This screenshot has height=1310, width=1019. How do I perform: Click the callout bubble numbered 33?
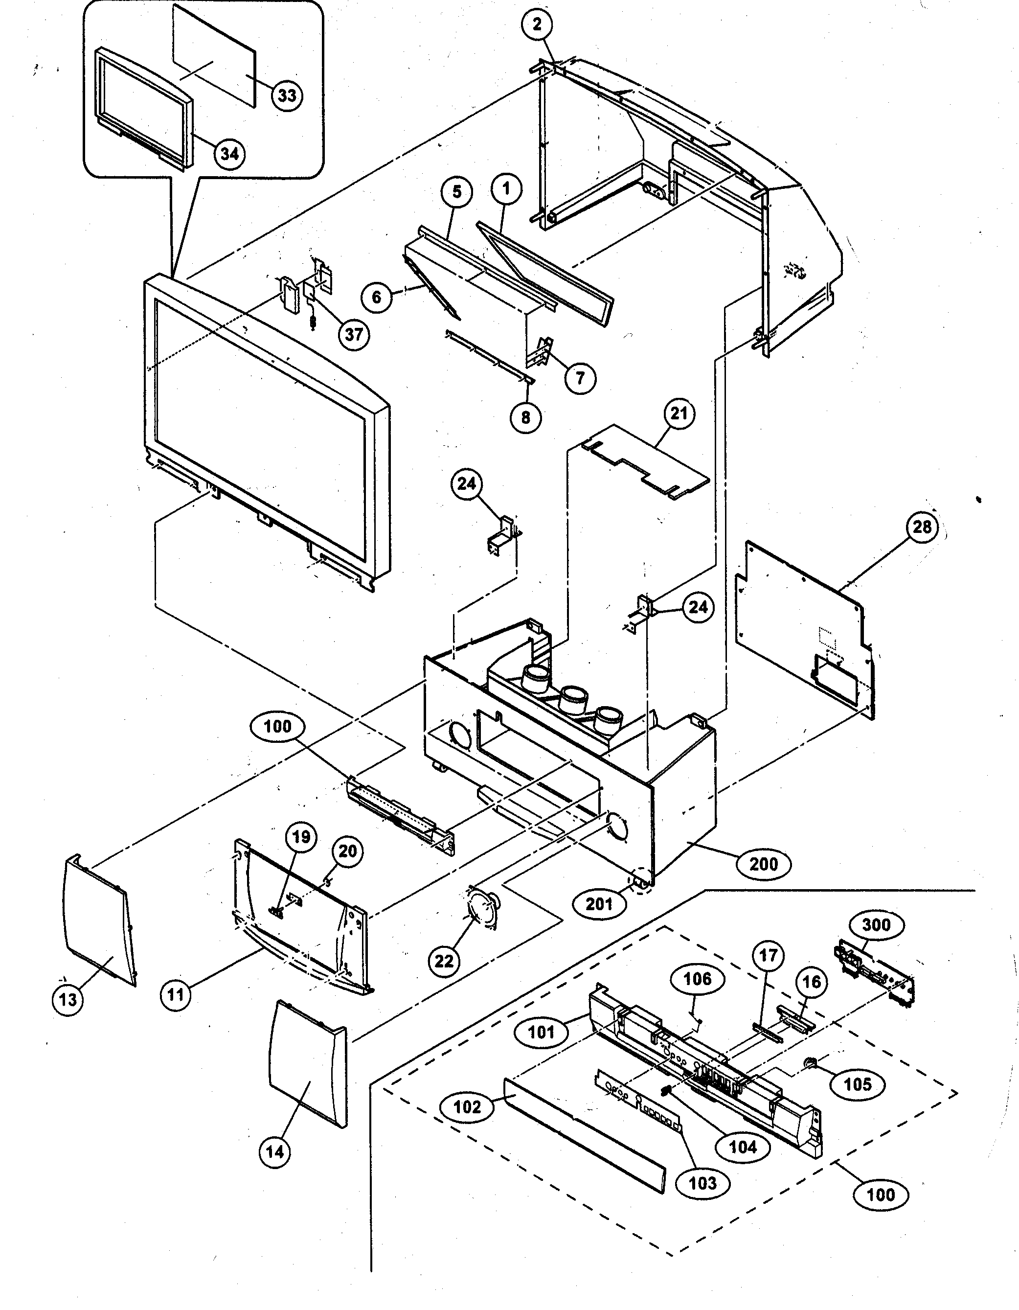point(287,95)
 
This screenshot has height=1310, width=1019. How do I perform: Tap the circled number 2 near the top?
point(537,24)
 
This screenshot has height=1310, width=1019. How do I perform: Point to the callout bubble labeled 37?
point(354,334)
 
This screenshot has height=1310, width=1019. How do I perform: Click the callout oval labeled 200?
point(764,864)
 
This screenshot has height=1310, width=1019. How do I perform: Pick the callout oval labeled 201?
point(599,904)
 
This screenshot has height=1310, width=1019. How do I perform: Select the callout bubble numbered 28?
point(922,527)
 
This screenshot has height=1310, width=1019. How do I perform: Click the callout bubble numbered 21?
point(679,414)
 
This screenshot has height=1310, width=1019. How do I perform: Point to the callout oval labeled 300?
point(876,924)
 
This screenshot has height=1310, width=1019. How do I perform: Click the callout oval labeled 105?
point(858,1084)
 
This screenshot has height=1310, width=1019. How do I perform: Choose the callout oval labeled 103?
point(702,1183)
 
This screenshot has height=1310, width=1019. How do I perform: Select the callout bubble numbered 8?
point(526,417)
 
